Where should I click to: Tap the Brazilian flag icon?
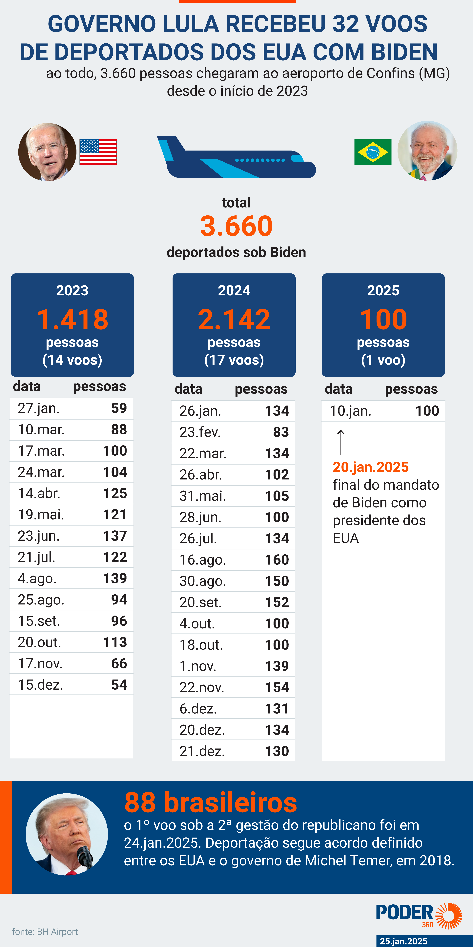pos(373,152)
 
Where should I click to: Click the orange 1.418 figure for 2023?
pos(72,319)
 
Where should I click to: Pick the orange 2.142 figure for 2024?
pos(234,319)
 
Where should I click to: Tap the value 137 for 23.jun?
pos(115,536)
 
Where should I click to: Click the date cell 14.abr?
pos(39,493)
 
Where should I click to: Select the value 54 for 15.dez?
pos(119,684)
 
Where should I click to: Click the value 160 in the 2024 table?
pos(277,560)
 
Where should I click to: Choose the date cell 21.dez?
pos(202,751)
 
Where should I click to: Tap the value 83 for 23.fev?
pos(281,432)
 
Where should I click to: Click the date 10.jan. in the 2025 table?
pos(350,411)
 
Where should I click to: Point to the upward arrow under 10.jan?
pos(341,442)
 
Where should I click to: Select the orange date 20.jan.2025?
pos(370,467)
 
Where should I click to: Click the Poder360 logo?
pos(419,915)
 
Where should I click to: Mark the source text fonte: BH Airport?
pos(45,932)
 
